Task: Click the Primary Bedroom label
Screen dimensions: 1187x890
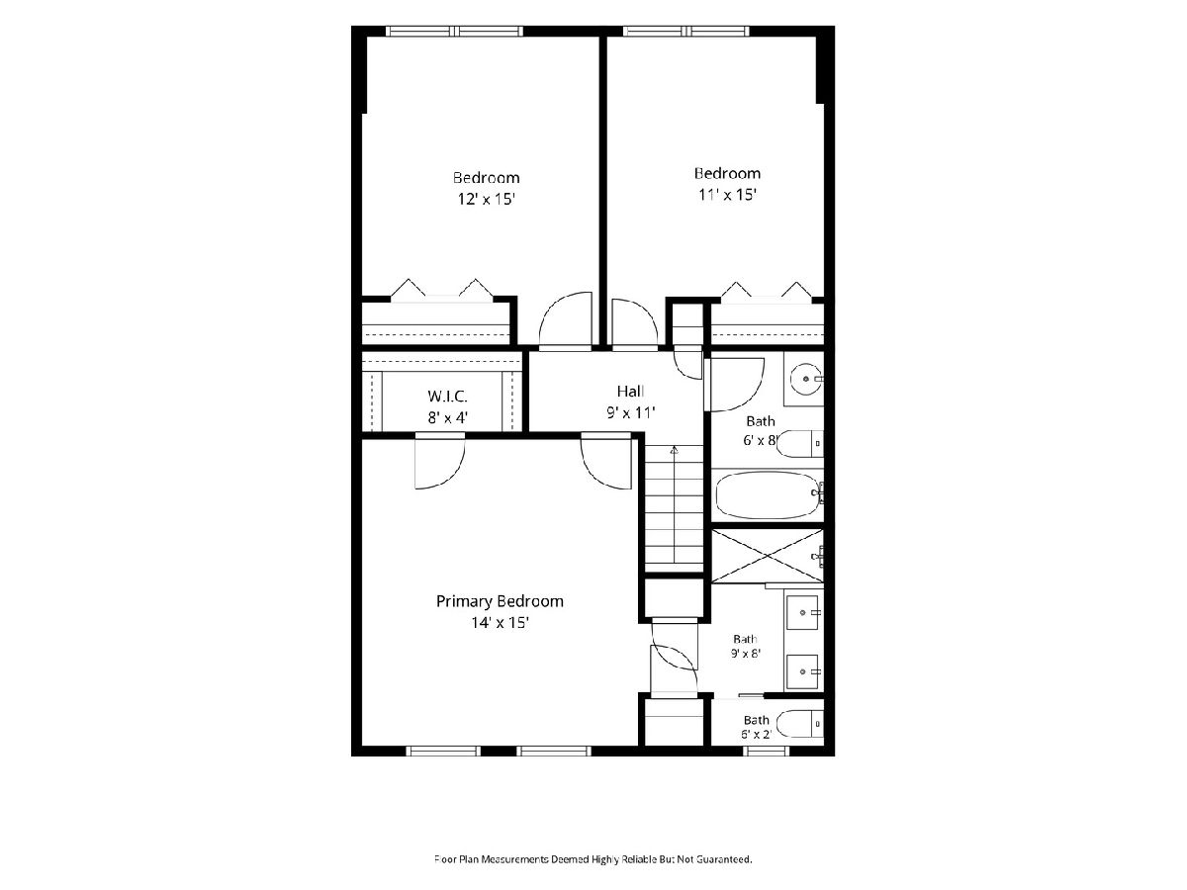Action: click(500, 601)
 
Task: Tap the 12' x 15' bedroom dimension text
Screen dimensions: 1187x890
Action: click(486, 200)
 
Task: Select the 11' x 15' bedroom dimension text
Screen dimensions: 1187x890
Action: click(727, 195)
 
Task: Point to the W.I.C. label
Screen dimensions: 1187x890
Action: click(447, 397)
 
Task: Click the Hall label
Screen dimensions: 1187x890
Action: click(630, 392)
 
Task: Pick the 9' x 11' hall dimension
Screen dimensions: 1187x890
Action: click(630, 413)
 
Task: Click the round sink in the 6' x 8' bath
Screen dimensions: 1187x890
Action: click(806, 380)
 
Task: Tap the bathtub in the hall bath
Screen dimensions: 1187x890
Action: click(768, 495)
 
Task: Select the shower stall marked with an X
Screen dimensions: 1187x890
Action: click(767, 556)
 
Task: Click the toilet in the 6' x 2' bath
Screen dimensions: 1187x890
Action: click(800, 724)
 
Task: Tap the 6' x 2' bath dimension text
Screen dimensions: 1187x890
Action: click(756, 735)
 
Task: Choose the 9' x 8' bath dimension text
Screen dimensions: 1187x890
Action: click(746, 654)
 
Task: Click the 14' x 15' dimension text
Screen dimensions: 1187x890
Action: click(500, 623)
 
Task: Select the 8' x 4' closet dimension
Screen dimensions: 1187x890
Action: click(447, 417)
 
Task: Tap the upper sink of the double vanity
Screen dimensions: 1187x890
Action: click(803, 613)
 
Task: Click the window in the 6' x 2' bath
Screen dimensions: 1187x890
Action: click(767, 752)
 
